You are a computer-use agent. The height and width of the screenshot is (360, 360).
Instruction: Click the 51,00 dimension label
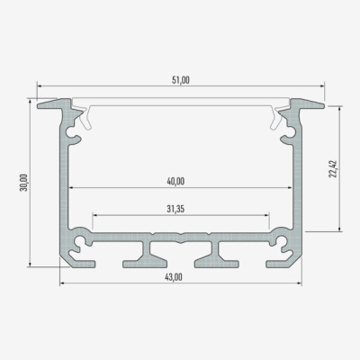tap(180, 81)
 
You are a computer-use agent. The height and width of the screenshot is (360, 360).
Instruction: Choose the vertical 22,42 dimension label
tap(332, 169)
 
